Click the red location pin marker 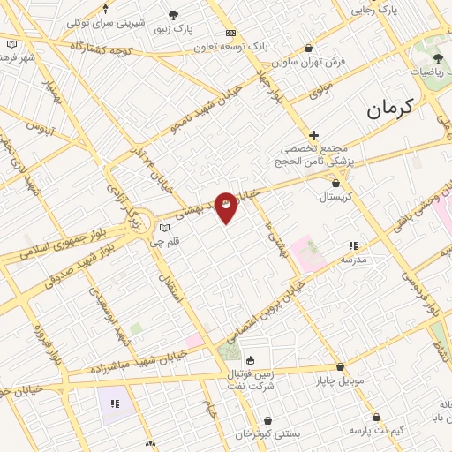(226, 207)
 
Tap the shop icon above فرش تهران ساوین (308, 49)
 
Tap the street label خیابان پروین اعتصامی (262, 313)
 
